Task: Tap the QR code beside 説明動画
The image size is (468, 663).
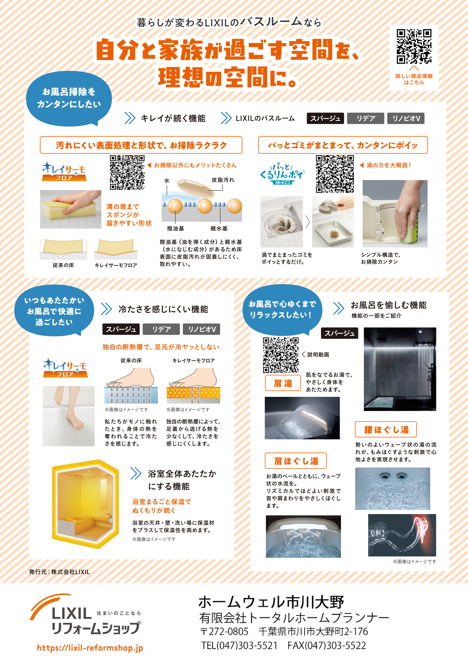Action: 281,355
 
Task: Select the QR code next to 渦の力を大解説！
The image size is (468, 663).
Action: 335,174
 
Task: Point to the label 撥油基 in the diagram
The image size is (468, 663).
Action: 175,228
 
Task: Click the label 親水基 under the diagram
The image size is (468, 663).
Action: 219,228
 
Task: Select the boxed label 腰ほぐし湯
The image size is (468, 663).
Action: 386,429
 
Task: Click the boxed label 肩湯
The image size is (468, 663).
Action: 283,383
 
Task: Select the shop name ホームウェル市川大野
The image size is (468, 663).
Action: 271,602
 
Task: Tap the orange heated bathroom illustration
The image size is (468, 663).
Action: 85,504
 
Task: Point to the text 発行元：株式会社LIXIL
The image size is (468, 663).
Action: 59,572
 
